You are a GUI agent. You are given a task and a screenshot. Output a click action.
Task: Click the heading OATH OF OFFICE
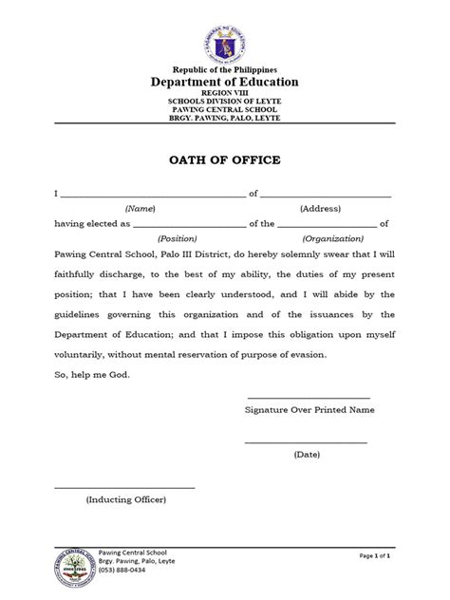pos(225,160)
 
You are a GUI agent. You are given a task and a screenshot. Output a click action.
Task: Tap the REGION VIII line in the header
pos(225,94)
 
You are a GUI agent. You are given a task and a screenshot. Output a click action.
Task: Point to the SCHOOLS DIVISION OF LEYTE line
pos(225,102)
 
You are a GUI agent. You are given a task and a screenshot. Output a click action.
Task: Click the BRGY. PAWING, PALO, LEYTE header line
pos(225,119)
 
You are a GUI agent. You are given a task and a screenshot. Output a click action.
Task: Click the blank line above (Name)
pos(152,196)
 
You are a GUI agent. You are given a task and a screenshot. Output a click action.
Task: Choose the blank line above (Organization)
pos(327,226)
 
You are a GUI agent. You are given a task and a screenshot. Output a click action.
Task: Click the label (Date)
pos(307,455)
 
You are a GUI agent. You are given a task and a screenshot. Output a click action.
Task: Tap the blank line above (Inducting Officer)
pos(125,487)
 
